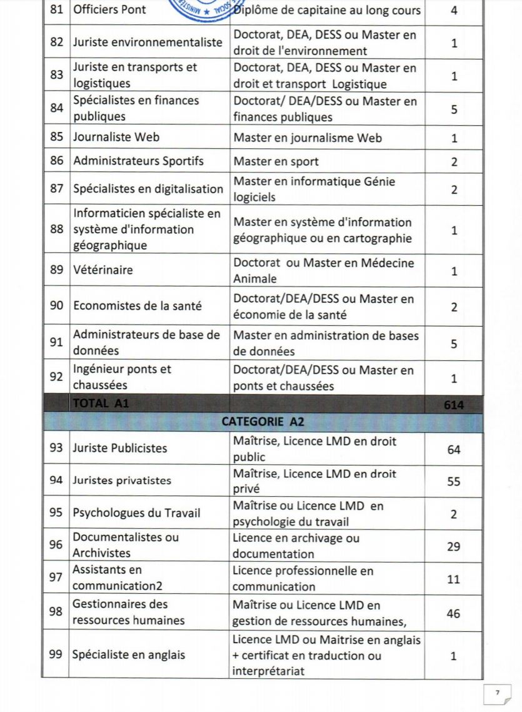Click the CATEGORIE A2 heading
tap(263, 422)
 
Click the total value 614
tap(453, 405)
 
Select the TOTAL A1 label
tap(101, 404)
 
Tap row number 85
tap(57, 138)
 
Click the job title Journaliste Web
tap(116, 138)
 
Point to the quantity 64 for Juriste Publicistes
tap(453, 449)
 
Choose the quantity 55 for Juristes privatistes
tap(453, 481)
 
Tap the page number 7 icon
tap(498, 693)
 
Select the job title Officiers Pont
tap(109, 10)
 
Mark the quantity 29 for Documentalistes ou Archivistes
tap(453, 546)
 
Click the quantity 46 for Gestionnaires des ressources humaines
tap(453, 613)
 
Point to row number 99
tap(57, 655)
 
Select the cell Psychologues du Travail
tap(136, 513)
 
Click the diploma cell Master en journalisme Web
tap(307, 138)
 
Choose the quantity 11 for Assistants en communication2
tap(453, 579)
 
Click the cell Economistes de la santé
tap(137, 307)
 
